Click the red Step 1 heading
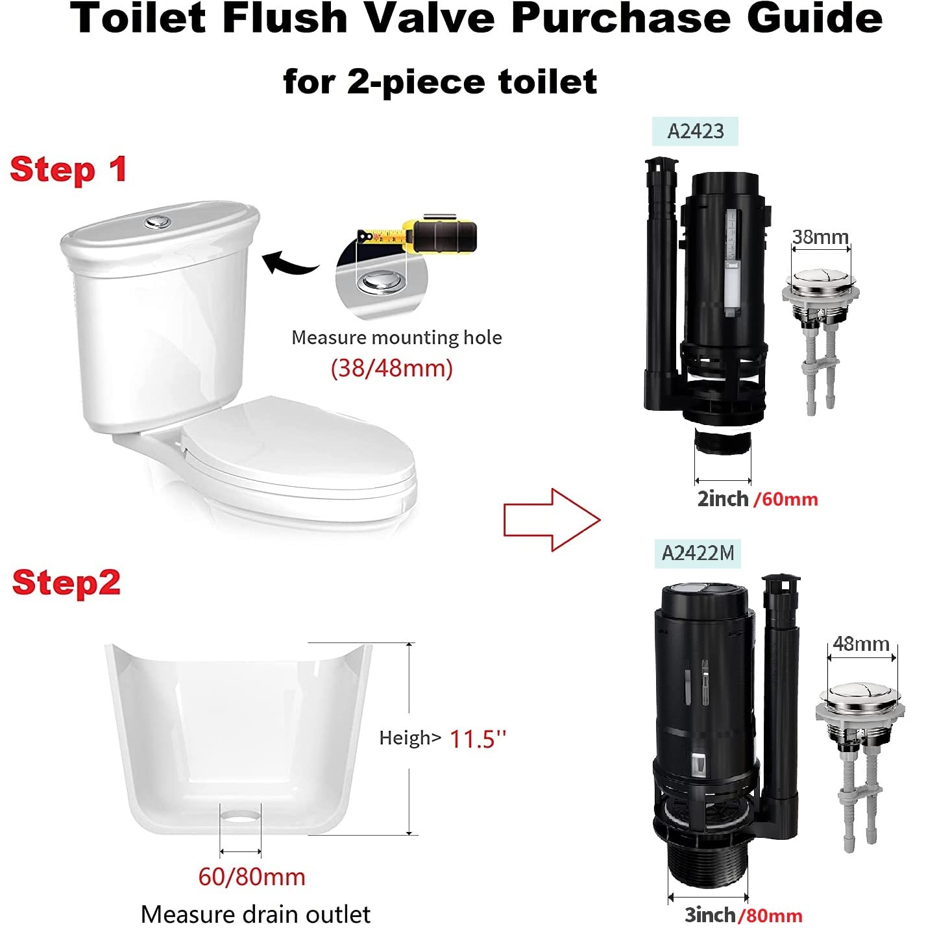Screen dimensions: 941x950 pyautogui.click(x=68, y=170)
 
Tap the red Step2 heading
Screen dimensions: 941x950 pyautogui.click(x=66, y=582)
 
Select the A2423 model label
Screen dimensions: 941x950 pyautogui.click(x=695, y=131)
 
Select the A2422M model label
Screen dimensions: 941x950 pyautogui.click(x=698, y=553)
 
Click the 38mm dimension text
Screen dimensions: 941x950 pyautogui.click(x=820, y=237)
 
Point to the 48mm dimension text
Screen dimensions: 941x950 pyautogui.click(x=861, y=644)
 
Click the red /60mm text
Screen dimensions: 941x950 pyautogui.click(x=786, y=499)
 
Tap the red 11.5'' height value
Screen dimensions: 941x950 pyautogui.click(x=478, y=739)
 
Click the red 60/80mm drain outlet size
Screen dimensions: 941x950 pyautogui.click(x=252, y=877)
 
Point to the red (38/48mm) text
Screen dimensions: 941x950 pyautogui.click(x=391, y=368)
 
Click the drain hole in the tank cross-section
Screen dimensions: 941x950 pyautogui.click(x=241, y=813)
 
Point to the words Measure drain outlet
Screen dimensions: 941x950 pyautogui.click(x=255, y=914)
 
